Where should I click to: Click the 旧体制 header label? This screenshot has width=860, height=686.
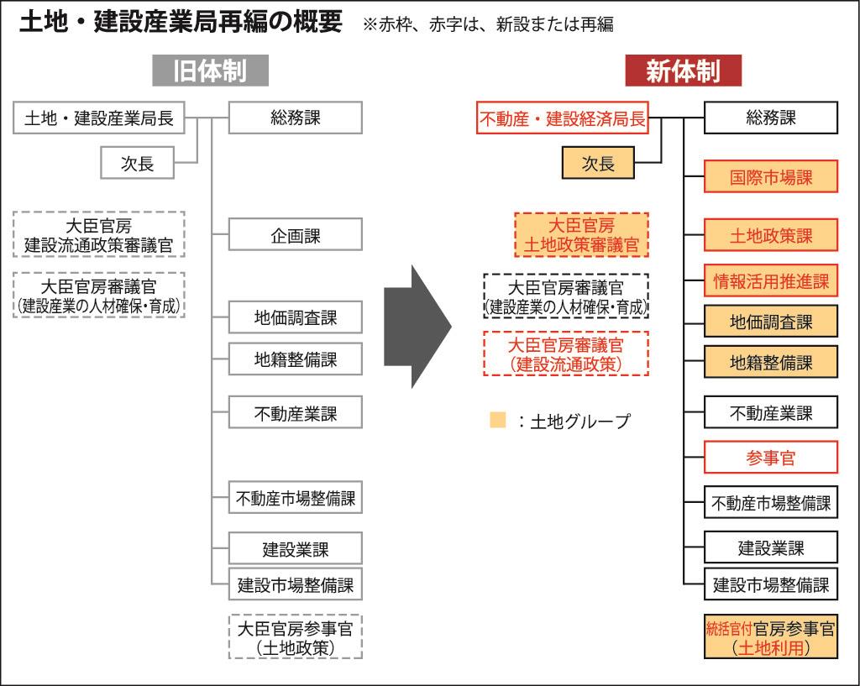[210, 71]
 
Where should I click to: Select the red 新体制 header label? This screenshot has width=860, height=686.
[683, 71]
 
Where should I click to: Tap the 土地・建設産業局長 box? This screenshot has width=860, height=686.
[99, 118]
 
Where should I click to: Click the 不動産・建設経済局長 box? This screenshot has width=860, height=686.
[563, 119]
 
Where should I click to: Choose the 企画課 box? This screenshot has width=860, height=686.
[295, 234]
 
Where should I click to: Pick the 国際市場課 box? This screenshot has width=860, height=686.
[771, 178]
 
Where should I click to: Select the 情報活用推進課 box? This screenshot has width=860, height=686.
[771, 280]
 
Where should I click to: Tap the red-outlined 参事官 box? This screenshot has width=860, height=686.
[771, 458]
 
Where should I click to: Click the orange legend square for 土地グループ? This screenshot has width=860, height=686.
[498, 420]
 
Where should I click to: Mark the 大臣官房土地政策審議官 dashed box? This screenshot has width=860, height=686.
[581, 235]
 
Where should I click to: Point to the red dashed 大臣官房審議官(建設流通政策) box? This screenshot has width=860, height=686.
[567, 353]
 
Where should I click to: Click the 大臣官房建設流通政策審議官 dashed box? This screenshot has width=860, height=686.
[99, 235]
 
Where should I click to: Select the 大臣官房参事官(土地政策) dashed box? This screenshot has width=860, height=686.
[295, 637]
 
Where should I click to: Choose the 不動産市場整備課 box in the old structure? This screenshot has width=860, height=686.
[295, 498]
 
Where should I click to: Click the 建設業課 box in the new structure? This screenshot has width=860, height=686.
[771, 547]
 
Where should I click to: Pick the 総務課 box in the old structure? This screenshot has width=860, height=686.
[295, 118]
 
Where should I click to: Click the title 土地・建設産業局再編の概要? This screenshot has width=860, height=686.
[180, 23]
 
